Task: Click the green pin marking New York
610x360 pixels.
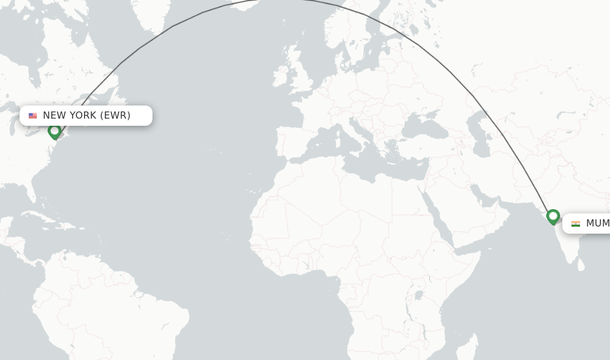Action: pos(55,131)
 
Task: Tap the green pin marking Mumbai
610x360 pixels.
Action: pos(553,216)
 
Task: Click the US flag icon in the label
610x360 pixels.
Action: pos(33,116)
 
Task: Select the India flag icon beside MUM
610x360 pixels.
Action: pos(575,224)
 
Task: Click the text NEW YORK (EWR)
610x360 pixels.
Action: pos(86,116)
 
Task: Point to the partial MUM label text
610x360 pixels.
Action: pos(597,224)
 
